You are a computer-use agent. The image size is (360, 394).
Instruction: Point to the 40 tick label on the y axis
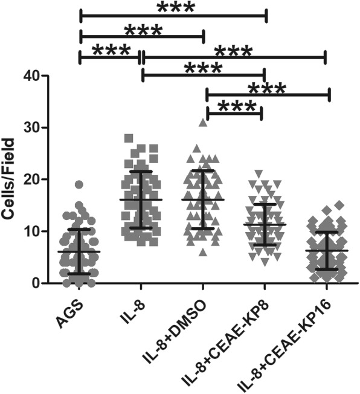coord(32,76)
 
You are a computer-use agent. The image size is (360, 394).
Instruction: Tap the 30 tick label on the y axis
coord(32,128)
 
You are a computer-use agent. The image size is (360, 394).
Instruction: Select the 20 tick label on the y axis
coord(32,180)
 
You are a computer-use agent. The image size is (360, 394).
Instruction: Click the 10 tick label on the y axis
coord(32,231)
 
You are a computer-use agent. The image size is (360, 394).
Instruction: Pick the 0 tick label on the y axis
coord(36,283)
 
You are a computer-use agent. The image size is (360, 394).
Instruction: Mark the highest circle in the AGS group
coord(79,185)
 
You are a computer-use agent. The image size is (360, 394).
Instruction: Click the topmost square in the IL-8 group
coord(127,138)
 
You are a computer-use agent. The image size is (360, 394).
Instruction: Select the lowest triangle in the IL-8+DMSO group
coord(204,251)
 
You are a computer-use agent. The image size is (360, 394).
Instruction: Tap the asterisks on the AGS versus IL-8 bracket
coord(109,50)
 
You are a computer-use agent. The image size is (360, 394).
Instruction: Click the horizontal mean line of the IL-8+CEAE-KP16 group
coord(329,250)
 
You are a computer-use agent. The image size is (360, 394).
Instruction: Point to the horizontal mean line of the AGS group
coord(79,251)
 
